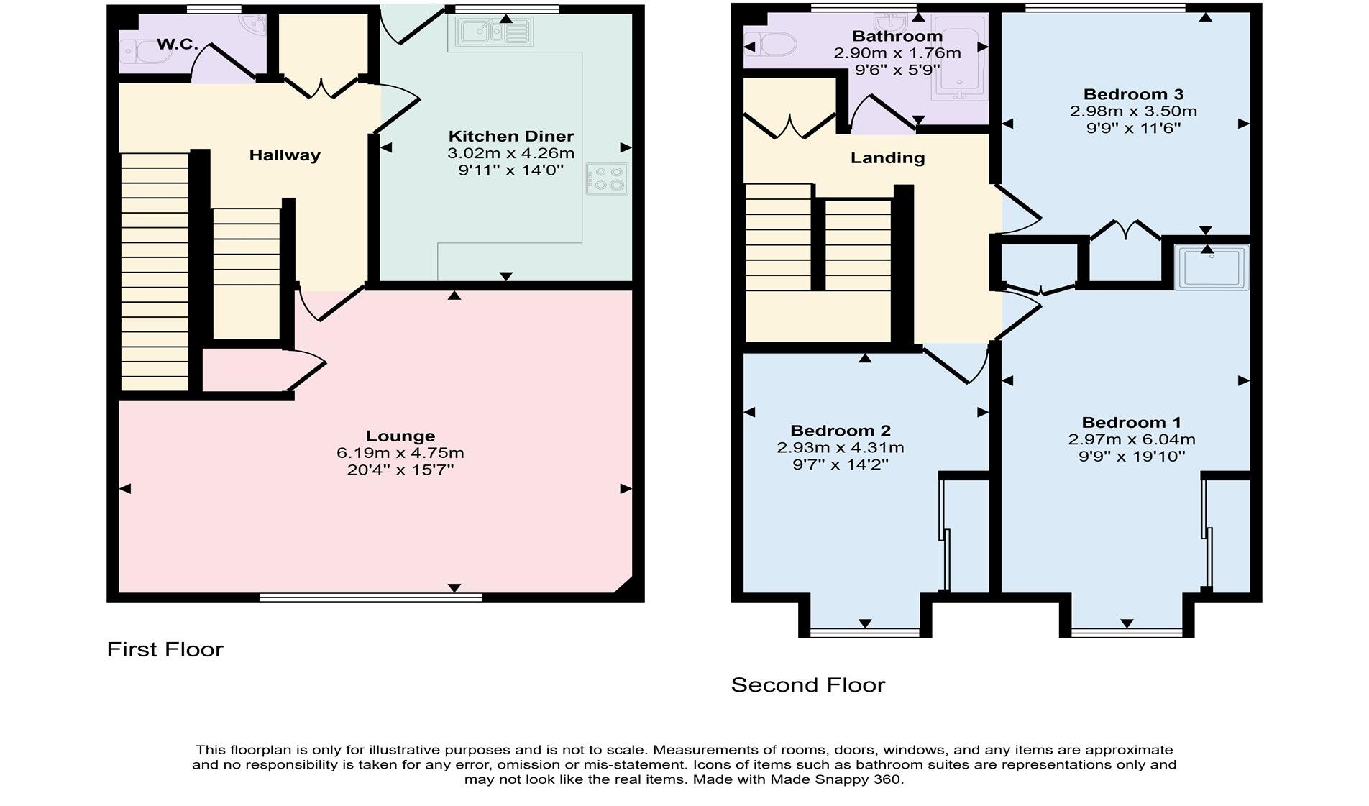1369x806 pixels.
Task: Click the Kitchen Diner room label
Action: [x=510, y=136]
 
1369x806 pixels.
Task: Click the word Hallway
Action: [x=285, y=155]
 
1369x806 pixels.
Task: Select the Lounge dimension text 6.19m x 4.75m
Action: [x=400, y=453]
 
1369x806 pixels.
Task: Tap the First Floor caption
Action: [x=165, y=649]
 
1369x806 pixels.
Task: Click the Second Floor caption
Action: [x=807, y=684]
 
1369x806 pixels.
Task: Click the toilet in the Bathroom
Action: [x=772, y=47]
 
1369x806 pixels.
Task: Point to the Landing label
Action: [x=887, y=158]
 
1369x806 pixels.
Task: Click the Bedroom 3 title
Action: [x=1132, y=94]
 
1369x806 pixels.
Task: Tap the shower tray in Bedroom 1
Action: [x=1212, y=267]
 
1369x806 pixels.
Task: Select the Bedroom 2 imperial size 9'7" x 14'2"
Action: [x=840, y=464]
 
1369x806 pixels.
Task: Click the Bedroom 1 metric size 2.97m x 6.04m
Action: [x=1131, y=439]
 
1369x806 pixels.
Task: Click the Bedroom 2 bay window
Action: [x=865, y=633]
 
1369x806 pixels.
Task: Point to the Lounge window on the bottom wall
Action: [x=370, y=597]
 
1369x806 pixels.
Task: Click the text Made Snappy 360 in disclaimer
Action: [x=835, y=779]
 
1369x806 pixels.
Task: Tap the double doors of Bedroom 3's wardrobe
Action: [x=1125, y=231]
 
